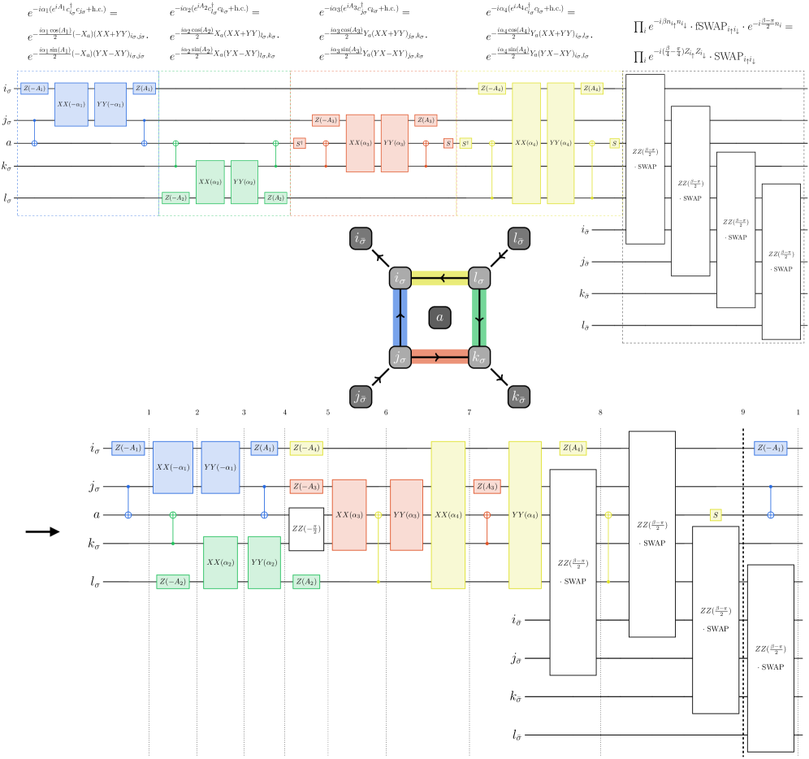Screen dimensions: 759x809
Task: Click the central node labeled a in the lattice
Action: [x=439, y=319]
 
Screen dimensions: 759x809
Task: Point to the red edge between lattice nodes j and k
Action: [x=439, y=357]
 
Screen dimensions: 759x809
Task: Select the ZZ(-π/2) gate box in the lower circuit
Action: [x=306, y=529]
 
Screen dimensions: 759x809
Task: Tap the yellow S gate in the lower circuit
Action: [x=715, y=514]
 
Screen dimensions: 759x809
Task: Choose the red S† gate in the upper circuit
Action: [x=299, y=144]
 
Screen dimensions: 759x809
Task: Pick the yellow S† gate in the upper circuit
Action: [x=465, y=144]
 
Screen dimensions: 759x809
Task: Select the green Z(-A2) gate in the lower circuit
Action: [x=173, y=581]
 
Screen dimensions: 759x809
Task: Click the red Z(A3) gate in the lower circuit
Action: [x=487, y=487]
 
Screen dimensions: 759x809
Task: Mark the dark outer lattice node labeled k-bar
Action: [x=517, y=398]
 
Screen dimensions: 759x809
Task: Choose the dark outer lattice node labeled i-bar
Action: [x=361, y=239]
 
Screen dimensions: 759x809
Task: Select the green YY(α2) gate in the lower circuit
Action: [x=264, y=562]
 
